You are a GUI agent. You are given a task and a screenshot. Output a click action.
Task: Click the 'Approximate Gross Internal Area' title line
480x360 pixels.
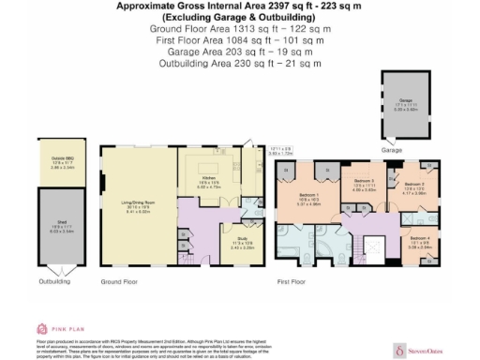[239, 6]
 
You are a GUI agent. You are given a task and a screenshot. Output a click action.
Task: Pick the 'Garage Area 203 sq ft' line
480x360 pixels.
[239, 52]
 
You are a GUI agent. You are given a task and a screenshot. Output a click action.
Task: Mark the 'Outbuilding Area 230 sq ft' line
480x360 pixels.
[239, 63]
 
